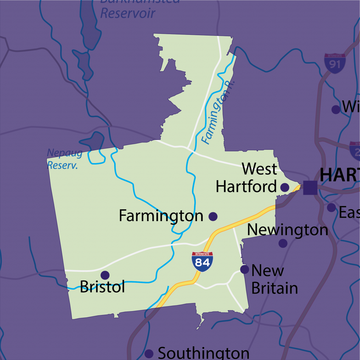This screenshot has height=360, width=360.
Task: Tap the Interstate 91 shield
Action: coord(335,64)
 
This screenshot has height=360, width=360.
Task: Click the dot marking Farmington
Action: coord(213,216)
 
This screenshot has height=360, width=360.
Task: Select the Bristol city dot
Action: coord(105,275)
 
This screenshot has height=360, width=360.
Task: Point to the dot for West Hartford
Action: coord(285,187)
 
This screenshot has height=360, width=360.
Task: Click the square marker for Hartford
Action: coord(310,187)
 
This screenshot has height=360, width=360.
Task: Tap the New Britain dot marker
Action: coord(244,269)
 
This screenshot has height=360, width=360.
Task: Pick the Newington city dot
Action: coord(283,243)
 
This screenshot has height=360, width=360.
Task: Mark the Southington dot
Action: coord(149,353)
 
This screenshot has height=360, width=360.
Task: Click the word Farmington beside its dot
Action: coord(161,216)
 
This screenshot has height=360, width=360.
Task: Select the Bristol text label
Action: coord(102,287)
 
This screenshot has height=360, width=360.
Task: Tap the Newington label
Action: coord(288,230)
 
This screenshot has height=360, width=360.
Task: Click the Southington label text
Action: coord(204,353)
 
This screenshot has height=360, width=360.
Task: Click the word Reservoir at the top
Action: coord(128,13)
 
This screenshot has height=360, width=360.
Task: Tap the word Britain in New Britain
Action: coord(275,288)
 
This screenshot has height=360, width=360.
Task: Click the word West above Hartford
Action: coord(259,169)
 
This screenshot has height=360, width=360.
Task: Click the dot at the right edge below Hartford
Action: coord(331,207)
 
